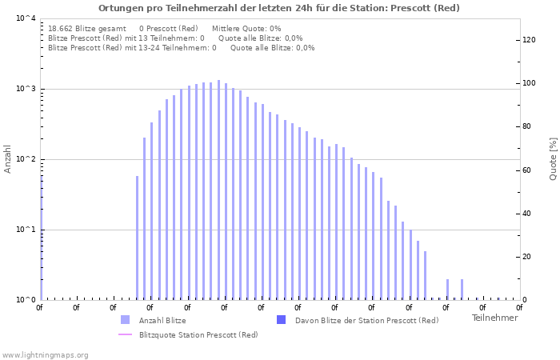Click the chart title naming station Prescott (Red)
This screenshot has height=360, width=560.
279,8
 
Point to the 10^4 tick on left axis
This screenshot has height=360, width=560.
26,18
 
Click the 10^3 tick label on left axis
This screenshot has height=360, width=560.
26,89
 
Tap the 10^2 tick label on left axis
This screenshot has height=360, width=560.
26,159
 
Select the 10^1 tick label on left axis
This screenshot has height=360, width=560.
26,230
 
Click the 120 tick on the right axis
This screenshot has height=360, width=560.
530,40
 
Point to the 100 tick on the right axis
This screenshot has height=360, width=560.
530,83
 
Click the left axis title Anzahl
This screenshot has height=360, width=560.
9,158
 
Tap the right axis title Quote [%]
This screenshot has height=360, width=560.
553,158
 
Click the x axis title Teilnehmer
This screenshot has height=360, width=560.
494,318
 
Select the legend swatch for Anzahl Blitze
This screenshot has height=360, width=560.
125,320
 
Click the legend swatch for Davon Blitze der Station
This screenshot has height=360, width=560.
281,320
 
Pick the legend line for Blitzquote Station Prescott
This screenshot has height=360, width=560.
125,334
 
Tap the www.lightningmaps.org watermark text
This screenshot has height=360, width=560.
45,354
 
